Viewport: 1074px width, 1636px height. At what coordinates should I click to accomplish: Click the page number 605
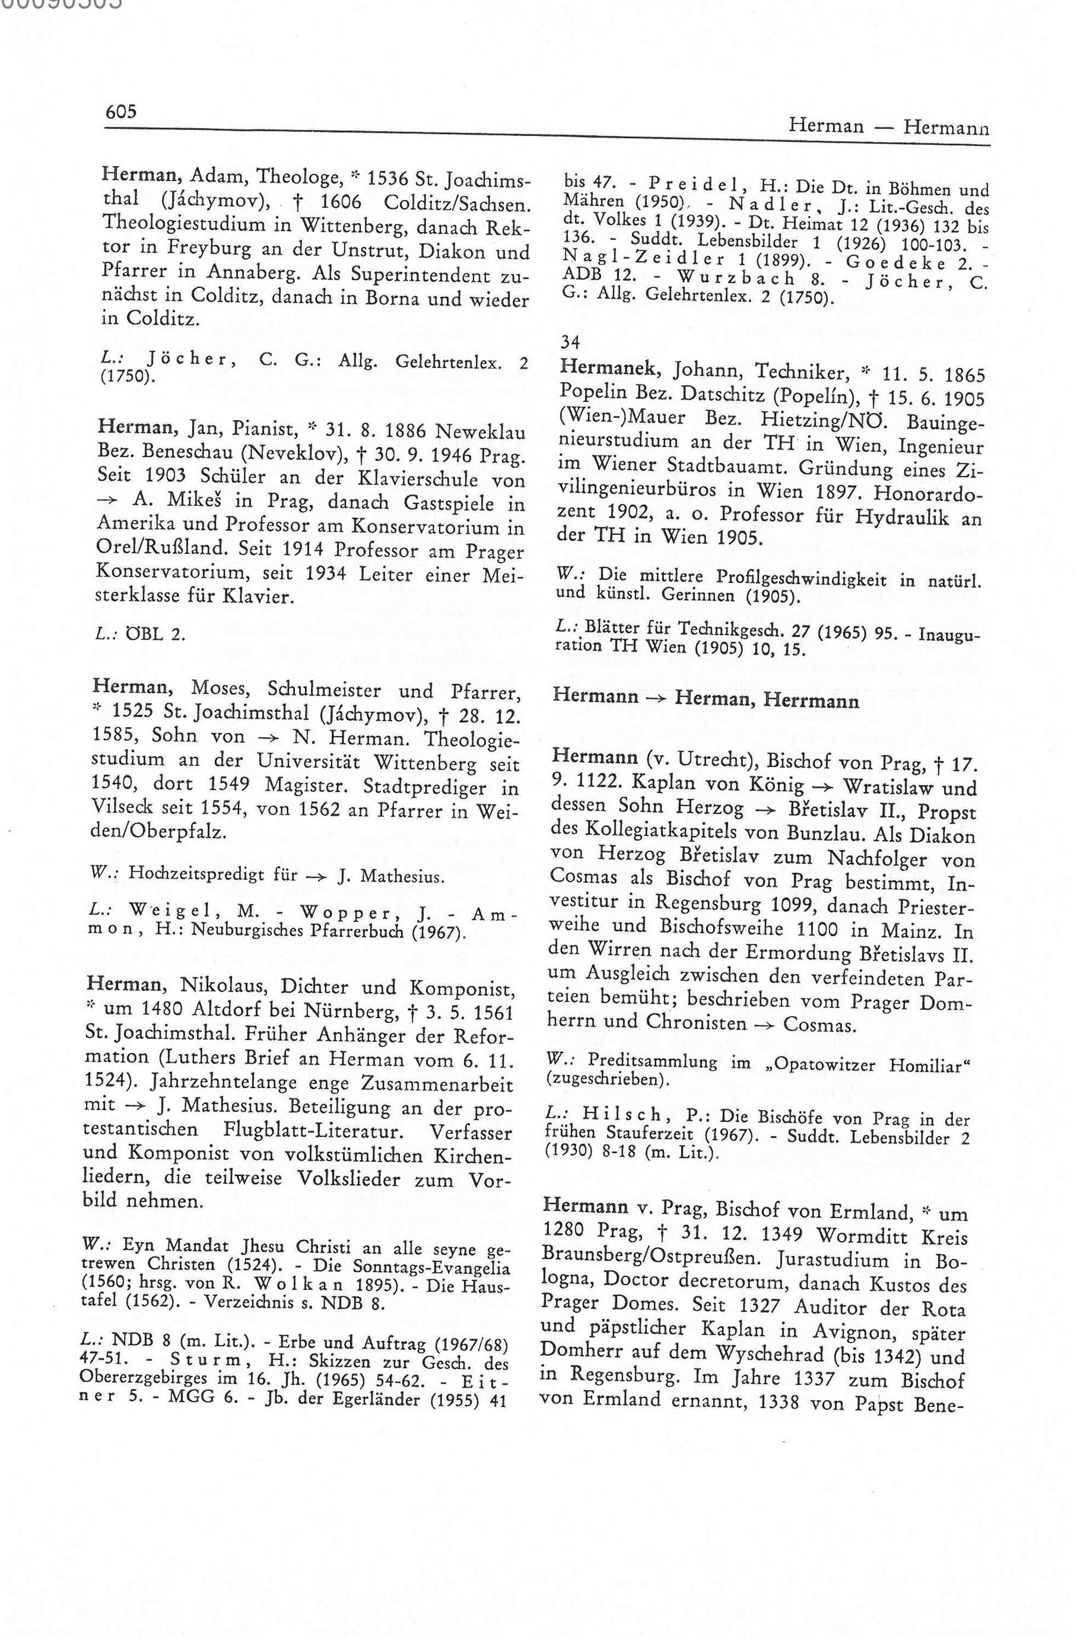(121, 111)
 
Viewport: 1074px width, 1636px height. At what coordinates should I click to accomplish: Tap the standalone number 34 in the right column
(570, 341)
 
